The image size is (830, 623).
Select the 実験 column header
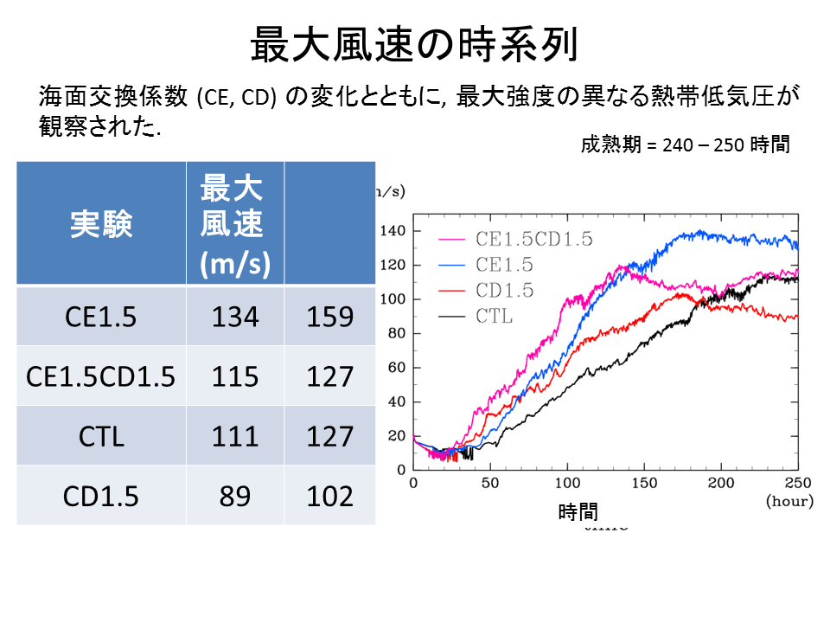tap(101, 224)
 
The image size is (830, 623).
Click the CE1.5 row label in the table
tap(101, 317)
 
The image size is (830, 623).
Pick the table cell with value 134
tap(234, 317)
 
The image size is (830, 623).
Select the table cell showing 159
tap(329, 317)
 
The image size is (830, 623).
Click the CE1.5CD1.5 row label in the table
tap(101, 376)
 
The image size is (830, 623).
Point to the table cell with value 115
tap(234, 376)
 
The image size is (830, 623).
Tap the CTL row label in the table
tap(101, 435)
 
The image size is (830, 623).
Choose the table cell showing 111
tap(234, 435)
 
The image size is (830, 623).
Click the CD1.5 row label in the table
tap(101, 495)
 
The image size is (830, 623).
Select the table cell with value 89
tap(234, 495)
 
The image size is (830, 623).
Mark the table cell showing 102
tap(329, 495)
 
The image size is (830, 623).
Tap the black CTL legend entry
tap(494, 316)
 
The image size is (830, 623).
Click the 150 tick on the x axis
tap(644, 483)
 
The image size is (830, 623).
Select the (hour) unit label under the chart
tap(788, 501)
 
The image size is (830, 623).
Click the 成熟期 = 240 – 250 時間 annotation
tap(685, 145)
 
